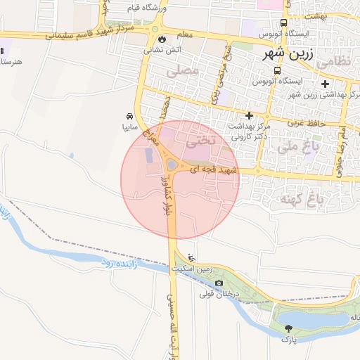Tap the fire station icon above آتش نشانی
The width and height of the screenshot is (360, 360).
coord(164,39)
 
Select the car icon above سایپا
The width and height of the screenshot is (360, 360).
coord(130,116)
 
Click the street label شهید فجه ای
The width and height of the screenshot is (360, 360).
coord(214,169)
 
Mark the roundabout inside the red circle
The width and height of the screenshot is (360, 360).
coord(173,165)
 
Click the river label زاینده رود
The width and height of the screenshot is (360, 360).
coord(113,262)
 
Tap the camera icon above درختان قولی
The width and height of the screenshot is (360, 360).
coord(219,283)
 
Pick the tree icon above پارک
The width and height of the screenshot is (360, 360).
coord(288,328)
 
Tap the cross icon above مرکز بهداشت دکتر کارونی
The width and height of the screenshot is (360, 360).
coord(249,115)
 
